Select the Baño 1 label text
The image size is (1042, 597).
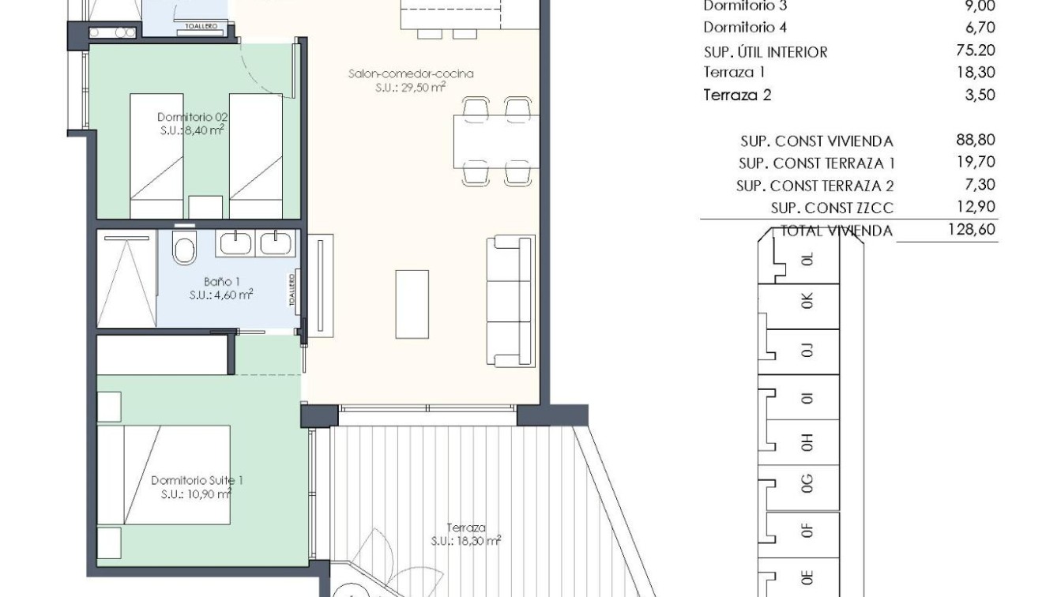[x=220, y=288]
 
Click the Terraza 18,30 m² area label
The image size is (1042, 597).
[x=465, y=535]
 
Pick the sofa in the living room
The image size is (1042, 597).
[x=510, y=301]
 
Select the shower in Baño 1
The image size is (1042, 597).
[x=126, y=279]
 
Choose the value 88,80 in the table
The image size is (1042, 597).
[x=976, y=141]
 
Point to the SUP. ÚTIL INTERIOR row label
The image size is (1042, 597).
[x=754, y=52]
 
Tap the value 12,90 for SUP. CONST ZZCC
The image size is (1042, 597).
[x=976, y=207]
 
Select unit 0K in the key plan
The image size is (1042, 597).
[x=806, y=301]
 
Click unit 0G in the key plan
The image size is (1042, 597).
[x=806, y=482]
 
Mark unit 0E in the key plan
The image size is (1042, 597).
[x=806, y=576]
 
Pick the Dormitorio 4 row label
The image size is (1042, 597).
[x=745, y=28]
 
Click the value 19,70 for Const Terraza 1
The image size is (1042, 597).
[x=976, y=163]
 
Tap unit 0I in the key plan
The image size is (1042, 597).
[x=806, y=397]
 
